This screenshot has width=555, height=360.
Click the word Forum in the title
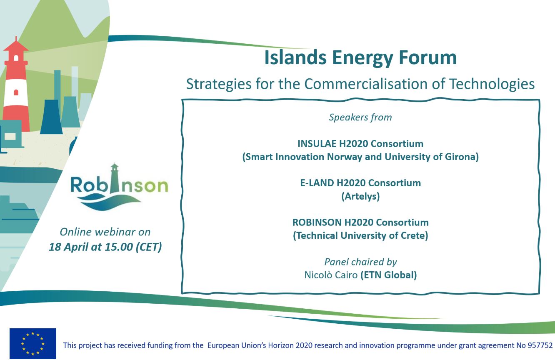(427, 57)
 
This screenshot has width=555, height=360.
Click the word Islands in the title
(295, 57)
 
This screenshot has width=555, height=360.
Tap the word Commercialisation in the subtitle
(366, 84)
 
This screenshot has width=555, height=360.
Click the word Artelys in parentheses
(360, 196)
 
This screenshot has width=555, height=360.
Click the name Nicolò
(317, 275)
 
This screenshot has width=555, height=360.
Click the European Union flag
(33, 344)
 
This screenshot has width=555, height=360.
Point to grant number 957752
(540, 345)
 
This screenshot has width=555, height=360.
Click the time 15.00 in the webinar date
(119, 247)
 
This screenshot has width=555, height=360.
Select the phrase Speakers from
(360, 117)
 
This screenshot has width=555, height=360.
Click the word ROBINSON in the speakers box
(317, 222)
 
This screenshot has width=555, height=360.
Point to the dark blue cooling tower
(51, 117)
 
